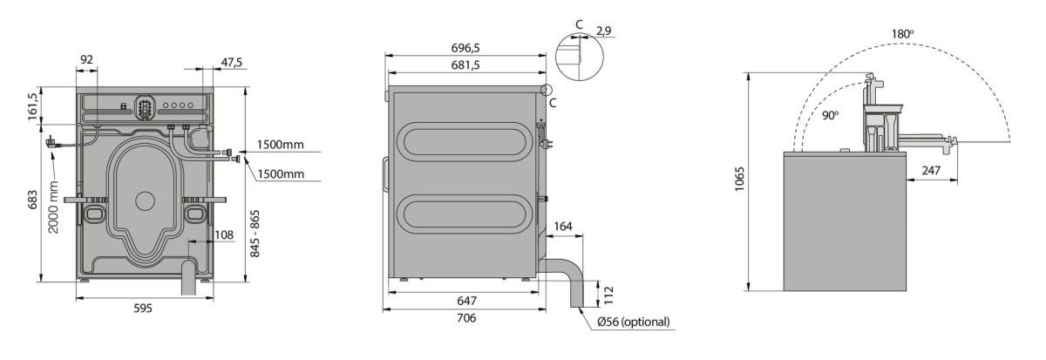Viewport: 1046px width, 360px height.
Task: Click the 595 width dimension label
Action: click(x=143, y=309)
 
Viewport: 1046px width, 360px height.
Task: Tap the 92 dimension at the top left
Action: click(x=87, y=60)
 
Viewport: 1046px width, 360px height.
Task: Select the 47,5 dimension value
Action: click(x=232, y=62)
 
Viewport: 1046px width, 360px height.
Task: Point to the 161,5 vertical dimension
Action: click(x=32, y=106)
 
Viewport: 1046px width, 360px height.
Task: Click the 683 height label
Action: click(x=33, y=200)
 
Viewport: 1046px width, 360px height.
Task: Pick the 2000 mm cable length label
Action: click(x=53, y=207)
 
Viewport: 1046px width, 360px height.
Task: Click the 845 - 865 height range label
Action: click(x=255, y=234)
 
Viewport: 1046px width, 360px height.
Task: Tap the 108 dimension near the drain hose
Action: click(x=224, y=234)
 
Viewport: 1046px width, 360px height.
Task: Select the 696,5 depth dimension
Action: click(x=465, y=48)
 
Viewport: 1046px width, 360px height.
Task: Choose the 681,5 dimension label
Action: click(x=465, y=65)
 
